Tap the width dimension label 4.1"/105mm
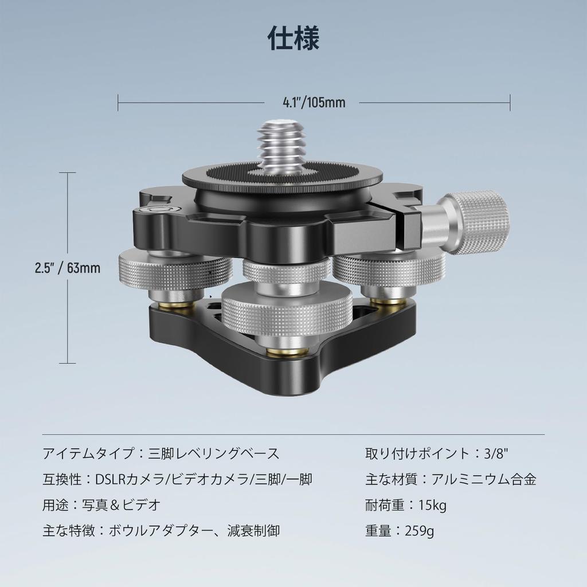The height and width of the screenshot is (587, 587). click(x=314, y=103)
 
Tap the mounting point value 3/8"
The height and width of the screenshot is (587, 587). click(x=496, y=454)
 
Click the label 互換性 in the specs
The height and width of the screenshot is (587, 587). click(x=61, y=480)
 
